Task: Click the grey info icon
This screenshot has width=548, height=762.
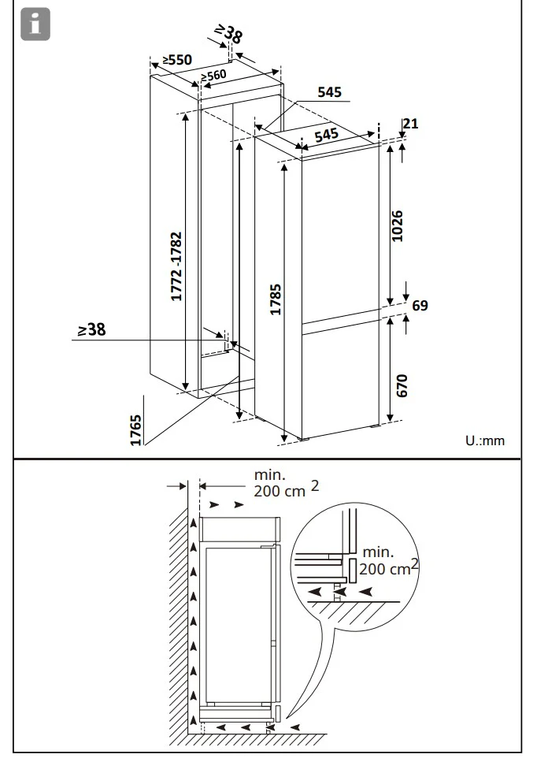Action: coord(35,24)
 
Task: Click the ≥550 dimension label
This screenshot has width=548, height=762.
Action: coord(177,60)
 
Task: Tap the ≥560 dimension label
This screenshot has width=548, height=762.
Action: coord(213,76)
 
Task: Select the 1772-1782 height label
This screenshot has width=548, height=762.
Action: coord(176,266)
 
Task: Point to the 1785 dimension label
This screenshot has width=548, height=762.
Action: coord(276,299)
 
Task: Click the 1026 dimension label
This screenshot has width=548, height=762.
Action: coord(397,226)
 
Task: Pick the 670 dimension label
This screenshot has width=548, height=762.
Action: coord(402,386)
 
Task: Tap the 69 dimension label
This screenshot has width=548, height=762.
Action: coord(420,306)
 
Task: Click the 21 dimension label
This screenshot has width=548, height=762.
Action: coord(410,124)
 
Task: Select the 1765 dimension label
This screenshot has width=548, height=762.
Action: coord(136,429)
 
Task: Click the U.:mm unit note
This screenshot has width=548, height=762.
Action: coord(485,440)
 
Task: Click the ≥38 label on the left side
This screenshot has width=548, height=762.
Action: coord(92,329)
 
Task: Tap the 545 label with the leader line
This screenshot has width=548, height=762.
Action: coord(330,92)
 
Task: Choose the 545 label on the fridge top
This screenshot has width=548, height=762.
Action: coord(326,135)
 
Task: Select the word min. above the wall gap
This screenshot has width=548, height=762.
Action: coord(270,474)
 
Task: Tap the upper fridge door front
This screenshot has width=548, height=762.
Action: coord(340,233)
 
